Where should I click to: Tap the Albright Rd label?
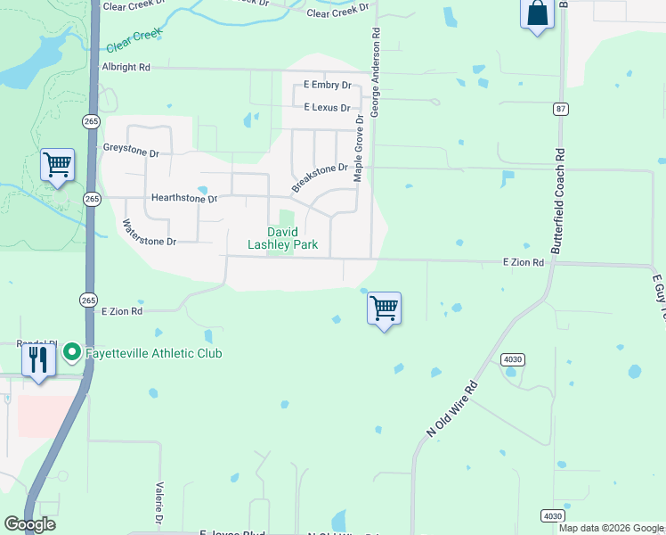[126, 67]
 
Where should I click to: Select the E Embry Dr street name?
[327, 85]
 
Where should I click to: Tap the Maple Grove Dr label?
[359, 148]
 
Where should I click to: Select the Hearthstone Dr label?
[184, 198]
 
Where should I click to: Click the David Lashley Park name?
[282, 238]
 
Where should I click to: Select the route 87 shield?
[560, 109]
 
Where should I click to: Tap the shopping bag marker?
[537, 14]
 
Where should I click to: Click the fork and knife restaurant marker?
[37, 360]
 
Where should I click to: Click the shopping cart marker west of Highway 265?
[57, 164]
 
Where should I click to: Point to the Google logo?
[29, 524]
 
